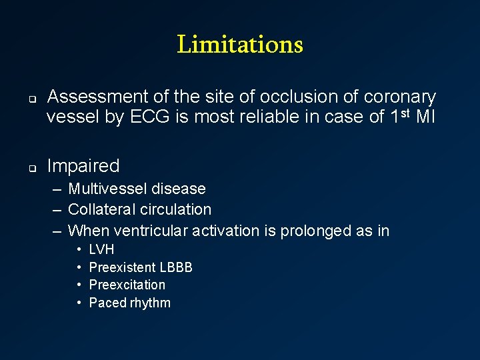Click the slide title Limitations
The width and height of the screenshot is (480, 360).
pos(240,45)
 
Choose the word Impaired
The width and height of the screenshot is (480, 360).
pos(83,166)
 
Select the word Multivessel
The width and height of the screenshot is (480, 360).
pos(107,189)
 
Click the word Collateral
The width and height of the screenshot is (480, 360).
pos(100,209)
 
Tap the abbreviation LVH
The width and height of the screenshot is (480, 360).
pos(101,249)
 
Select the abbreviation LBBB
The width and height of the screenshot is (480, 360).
pos(176,267)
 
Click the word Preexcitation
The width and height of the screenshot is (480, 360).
pos(127,285)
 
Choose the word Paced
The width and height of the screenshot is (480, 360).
pos(107,303)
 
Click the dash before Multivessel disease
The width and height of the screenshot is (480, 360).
pos(57,189)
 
